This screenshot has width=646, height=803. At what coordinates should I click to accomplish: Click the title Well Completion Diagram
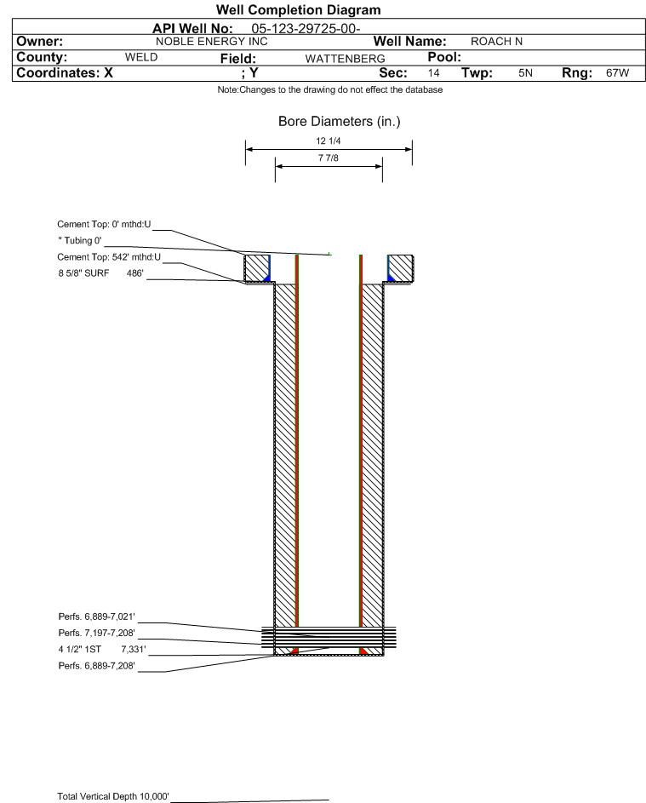(x=299, y=9)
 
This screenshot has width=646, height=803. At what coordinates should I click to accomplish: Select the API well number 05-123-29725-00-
(x=306, y=29)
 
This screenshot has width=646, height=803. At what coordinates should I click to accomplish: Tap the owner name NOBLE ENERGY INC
(x=211, y=42)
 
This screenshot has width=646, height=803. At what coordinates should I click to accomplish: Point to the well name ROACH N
(x=496, y=42)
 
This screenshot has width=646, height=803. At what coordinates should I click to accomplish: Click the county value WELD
(x=141, y=57)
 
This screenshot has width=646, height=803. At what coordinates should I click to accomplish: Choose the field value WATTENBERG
(x=345, y=59)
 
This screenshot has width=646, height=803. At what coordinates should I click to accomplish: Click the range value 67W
(x=617, y=72)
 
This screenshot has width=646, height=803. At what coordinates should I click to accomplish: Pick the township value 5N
(x=525, y=72)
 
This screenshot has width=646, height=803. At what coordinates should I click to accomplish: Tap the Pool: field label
(x=444, y=57)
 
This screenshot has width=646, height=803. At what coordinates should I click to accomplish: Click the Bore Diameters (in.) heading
(x=340, y=122)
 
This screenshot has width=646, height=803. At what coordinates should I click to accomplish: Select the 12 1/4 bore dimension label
(x=329, y=141)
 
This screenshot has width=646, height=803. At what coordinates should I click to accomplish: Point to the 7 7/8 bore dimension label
(x=329, y=158)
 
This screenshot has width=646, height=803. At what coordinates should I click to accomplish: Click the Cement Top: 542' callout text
(x=109, y=257)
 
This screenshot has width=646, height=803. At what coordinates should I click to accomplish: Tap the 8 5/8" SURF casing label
(x=83, y=273)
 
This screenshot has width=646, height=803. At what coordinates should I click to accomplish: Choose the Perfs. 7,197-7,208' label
(x=97, y=633)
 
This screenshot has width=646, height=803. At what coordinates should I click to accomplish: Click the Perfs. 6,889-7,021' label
(x=97, y=617)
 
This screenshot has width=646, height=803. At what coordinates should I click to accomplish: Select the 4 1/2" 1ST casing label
(x=80, y=650)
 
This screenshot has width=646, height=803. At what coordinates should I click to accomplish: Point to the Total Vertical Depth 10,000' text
(x=113, y=796)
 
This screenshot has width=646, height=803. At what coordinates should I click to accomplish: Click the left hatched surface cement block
(x=256, y=268)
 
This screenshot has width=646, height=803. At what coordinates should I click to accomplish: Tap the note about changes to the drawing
(x=330, y=89)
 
